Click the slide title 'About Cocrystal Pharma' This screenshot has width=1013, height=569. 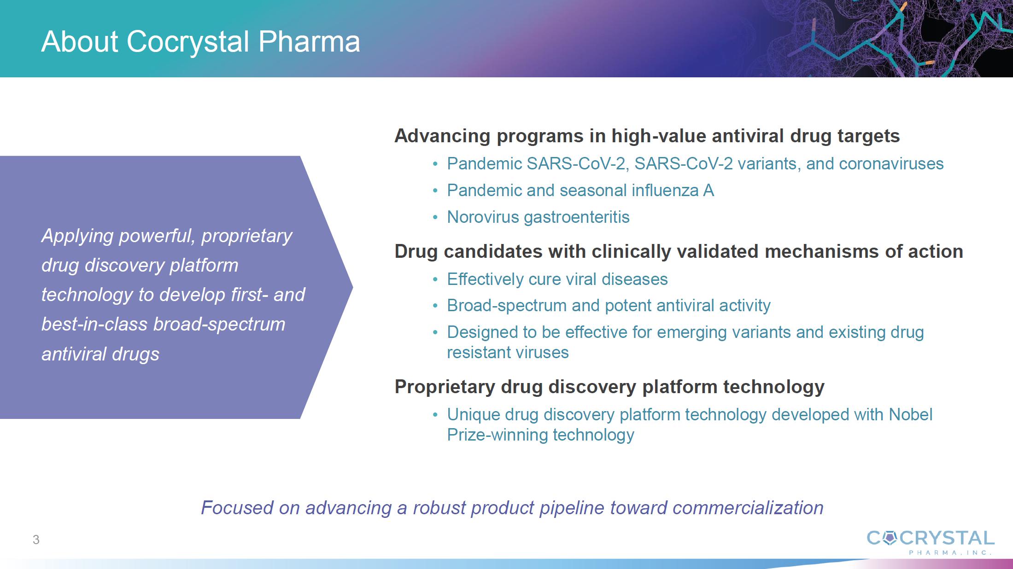(200, 41)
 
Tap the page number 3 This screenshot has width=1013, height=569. (36, 540)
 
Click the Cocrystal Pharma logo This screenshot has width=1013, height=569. (931, 542)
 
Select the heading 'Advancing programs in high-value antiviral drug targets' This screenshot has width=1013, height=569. (647, 136)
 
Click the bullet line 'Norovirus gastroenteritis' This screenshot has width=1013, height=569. (538, 217)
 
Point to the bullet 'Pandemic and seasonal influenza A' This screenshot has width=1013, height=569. (580, 190)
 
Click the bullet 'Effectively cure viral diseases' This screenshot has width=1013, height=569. (557, 279)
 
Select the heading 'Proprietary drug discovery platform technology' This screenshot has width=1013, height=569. (609, 387)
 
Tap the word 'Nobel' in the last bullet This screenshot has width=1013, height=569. (911, 414)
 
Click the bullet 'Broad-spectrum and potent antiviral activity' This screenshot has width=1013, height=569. (609, 305)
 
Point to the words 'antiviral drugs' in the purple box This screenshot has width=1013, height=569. (100, 354)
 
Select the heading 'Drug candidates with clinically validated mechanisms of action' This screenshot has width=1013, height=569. (679, 251)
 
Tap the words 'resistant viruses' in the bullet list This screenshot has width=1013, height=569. (508, 353)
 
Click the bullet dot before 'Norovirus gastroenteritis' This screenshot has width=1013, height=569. (435, 217)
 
